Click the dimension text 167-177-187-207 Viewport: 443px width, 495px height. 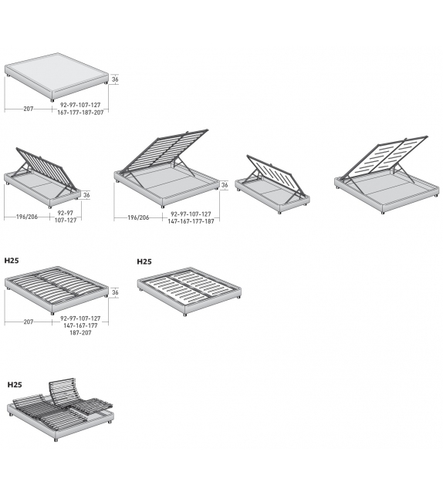click(x=80, y=113)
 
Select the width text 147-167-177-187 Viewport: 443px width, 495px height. click(x=191, y=221)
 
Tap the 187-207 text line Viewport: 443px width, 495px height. click(x=80, y=333)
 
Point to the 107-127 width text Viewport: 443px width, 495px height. click(x=66, y=221)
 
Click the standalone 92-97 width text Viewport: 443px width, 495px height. click(x=66, y=213)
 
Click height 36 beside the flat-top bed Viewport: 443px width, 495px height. click(x=115, y=79)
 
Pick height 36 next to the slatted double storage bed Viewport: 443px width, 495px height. click(x=225, y=185)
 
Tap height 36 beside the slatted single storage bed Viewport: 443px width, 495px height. click(x=86, y=195)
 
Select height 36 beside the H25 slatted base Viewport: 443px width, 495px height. click(x=115, y=293)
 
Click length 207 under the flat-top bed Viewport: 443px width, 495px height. click(x=28, y=109)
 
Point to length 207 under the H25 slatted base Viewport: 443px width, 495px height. click(x=28, y=322)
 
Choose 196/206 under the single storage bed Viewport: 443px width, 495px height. click(x=27, y=217)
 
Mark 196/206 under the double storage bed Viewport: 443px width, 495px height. click(x=138, y=217)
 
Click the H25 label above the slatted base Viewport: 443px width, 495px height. click(x=12, y=261)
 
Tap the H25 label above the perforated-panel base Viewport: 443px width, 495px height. click(x=144, y=261)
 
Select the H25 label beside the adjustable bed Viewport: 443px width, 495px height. click(x=15, y=385)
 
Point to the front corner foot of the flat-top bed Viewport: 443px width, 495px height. click(x=52, y=100)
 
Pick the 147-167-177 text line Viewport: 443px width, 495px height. click(x=80, y=325)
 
